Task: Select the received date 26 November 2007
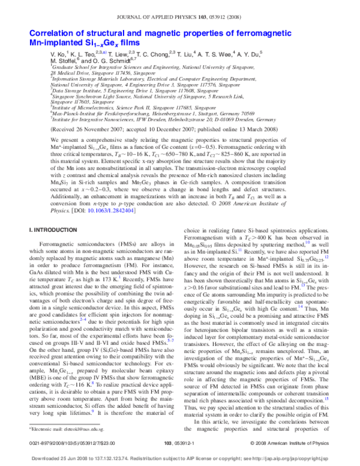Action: [107, 128]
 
